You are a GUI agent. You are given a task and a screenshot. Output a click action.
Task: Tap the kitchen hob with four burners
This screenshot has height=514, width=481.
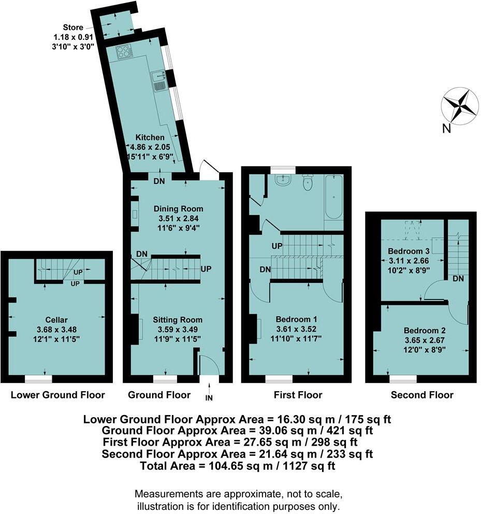123,51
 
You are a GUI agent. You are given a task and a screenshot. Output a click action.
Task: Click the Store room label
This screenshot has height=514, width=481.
73,27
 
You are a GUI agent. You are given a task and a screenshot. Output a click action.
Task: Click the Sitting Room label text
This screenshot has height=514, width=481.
177,320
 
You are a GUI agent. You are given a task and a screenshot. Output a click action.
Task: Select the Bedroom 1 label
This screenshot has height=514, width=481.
296,320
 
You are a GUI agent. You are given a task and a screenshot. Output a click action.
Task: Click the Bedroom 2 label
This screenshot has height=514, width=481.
424,331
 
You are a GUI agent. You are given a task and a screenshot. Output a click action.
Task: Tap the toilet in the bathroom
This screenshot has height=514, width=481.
309,183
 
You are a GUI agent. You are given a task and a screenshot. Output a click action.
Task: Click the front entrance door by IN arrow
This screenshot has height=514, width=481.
209,366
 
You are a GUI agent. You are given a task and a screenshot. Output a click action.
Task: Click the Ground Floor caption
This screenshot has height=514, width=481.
159,395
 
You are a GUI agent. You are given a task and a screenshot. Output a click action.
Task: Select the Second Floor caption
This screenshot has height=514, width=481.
422,395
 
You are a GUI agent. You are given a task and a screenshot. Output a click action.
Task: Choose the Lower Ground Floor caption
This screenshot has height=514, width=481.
58,395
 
